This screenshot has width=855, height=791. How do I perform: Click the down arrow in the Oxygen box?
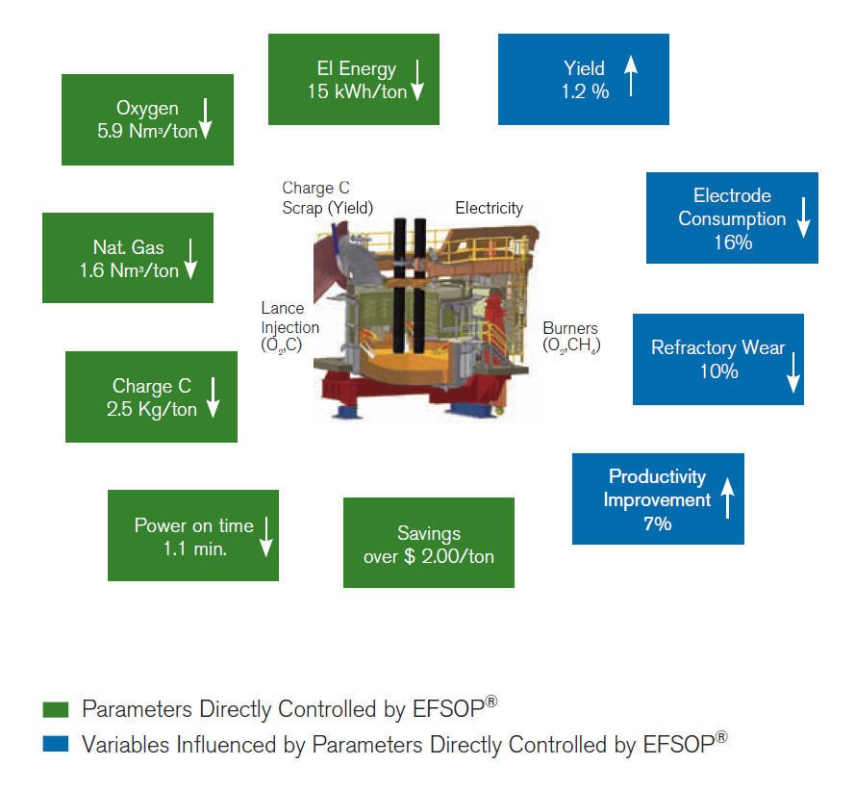pos(205,119)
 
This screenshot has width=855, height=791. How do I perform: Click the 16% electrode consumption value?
pos(732,242)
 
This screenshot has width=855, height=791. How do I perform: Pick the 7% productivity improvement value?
pos(657,523)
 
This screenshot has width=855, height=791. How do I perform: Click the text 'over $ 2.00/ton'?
pos(429,556)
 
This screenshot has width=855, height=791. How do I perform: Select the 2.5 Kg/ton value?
pos(152,410)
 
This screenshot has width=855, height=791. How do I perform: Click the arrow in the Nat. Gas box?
pos(190,258)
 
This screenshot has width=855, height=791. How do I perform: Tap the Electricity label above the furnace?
pos(489,208)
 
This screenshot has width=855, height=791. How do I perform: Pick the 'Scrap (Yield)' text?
pos(327,207)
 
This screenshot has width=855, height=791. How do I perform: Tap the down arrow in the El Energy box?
pos(417,80)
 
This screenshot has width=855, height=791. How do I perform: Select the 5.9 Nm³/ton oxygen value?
pos(147,132)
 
